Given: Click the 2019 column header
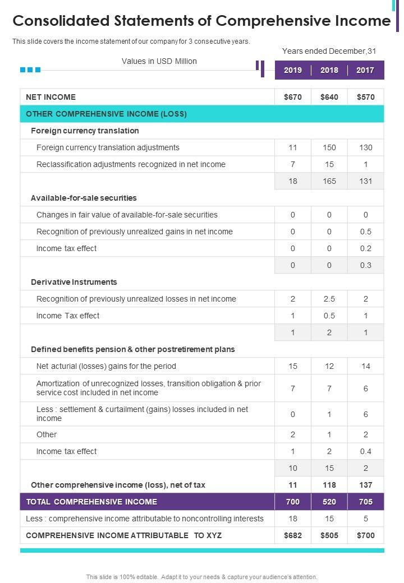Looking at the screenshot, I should pyautogui.click(x=293, y=70).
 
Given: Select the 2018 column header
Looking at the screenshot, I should pyautogui.click(x=329, y=70).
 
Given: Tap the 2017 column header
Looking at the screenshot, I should pyautogui.click(x=365, y=70).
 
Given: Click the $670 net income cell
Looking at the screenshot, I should pyautogui.click(x=293, y=97).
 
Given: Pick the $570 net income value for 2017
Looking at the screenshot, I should pyautogui.click(x=365, y=97).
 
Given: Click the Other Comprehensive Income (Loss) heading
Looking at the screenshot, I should pyautogui.click(x=106, y=114).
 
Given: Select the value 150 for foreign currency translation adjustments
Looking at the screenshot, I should pyautogui.click(x=329, y=147).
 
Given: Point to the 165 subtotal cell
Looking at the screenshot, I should pyautogui.click(x=329, y=181).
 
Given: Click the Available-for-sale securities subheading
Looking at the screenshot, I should pyautogui.click(x=84, y=198).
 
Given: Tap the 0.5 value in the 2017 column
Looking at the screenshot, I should pyautogui.click(x=365, y=232).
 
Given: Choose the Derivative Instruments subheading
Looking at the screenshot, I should pyautogui.click(x=74, y=282).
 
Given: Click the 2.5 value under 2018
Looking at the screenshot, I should pyautogui.click(x=329, y=299).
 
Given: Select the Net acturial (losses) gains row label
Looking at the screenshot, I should pyautogui.click(x=106, y=366).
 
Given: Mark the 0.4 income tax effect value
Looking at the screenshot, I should pyautogui.click(x=365, y=451).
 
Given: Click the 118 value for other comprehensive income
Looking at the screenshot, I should pyautogui.click(x=329, y=485).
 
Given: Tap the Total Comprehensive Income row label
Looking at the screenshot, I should pyautogui.click(x=91, y=502).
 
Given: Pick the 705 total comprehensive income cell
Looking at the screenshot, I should pyautogui.click(x=365, y=502).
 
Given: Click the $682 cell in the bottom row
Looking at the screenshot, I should pyautogui.click(x=293, y=535).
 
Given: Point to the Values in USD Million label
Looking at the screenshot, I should pyautogui.click(x=159, y=61).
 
